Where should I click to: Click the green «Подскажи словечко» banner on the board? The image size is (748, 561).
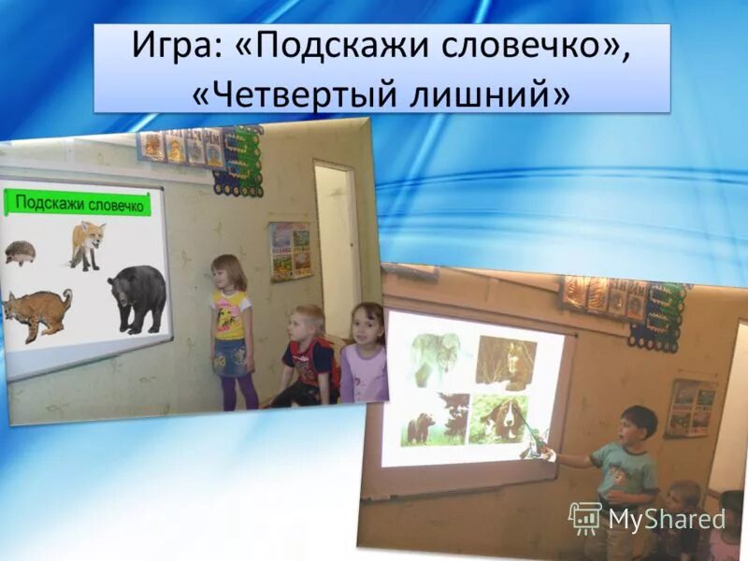tap(79, 203)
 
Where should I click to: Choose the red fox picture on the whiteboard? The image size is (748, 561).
tap(87, 244)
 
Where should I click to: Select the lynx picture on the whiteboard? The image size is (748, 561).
tap(37, 314)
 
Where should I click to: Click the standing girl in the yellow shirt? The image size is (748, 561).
tap(230, 327)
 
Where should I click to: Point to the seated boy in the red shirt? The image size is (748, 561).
tap(307, 358)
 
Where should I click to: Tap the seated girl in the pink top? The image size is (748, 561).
tap(365, 355)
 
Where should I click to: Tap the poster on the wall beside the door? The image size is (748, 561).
tap(291, 251)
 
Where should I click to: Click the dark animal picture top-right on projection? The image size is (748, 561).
tap(506, 361)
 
